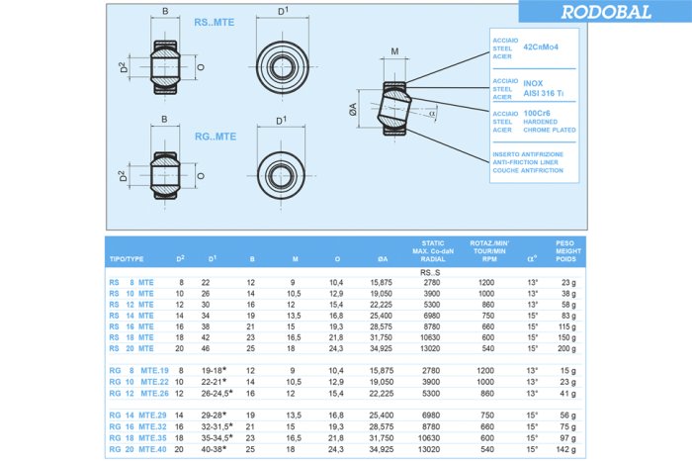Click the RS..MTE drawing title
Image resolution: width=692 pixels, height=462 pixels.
click(215, 21)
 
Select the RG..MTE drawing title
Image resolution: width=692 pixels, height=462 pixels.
click(215, 136)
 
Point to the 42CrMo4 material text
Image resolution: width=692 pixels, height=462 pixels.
click(541, 46)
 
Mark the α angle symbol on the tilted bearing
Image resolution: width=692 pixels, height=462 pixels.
click(431, 113)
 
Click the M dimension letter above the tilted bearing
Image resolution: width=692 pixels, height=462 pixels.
click(393, 51)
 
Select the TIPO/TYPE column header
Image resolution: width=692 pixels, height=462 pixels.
click(127, 259)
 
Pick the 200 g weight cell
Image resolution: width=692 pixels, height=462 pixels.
click(566, 349)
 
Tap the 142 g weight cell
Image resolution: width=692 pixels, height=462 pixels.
click(566, 448)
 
